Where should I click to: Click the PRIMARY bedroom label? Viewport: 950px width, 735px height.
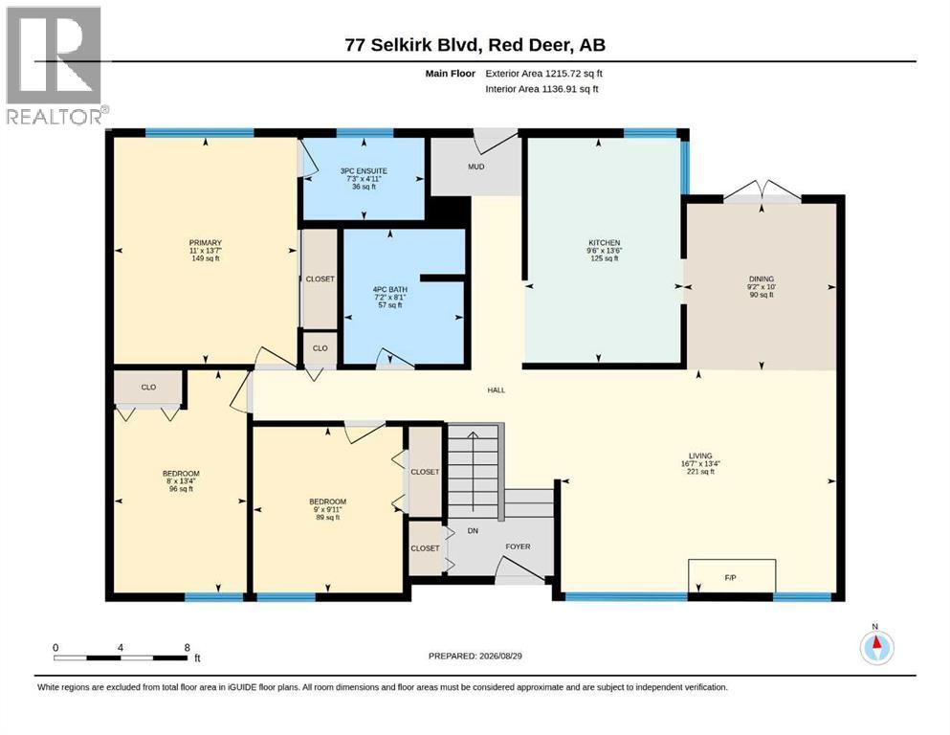pos(206,242)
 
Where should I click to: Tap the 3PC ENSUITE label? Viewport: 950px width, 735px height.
pos(364,171)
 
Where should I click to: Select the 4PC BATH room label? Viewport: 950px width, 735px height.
pos(390,290)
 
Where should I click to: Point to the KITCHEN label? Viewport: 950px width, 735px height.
pos(605,242)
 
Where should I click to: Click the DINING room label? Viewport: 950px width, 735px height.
pos(762,278)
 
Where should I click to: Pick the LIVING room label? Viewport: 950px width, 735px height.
pos(700,456)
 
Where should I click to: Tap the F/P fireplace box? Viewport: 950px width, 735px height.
pos(732,575)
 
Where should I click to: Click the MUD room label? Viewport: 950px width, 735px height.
pos(476,167)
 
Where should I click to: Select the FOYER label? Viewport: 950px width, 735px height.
pos(518,546)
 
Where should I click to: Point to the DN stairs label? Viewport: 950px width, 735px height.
pos(474,531)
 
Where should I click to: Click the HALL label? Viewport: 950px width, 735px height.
pos(497,390)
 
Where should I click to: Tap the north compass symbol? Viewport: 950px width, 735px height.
pos(876,647)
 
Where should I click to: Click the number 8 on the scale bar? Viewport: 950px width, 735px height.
pos(188,647)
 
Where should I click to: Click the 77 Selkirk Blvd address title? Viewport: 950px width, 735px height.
pos(475,45)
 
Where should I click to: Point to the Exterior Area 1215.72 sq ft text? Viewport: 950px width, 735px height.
pos(543,74)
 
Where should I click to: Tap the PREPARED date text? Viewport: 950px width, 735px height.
pos(475,656)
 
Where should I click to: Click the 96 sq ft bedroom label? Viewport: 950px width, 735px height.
pos(181,489)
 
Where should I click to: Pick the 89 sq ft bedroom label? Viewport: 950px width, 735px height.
pos(328,518)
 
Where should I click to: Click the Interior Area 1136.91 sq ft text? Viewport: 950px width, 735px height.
pos(541,89)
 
